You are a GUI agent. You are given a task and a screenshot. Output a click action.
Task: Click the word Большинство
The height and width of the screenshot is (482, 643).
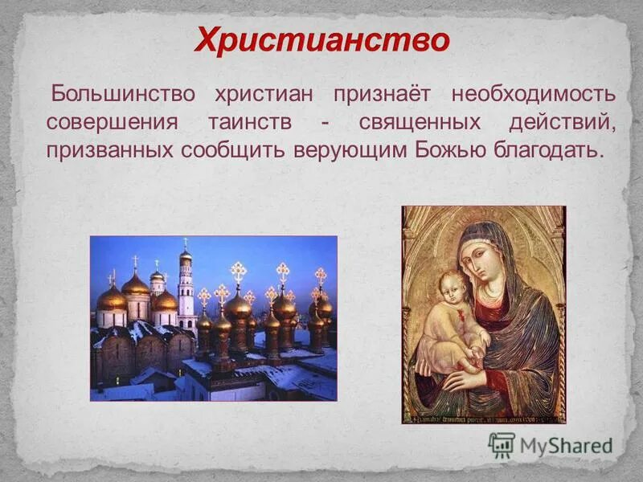click(x=123, y=93)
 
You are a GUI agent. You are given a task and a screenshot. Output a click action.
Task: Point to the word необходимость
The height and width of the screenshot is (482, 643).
click(x=533, y=93)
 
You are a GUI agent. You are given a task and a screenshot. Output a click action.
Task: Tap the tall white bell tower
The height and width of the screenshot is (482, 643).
click(x=186, y=289)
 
